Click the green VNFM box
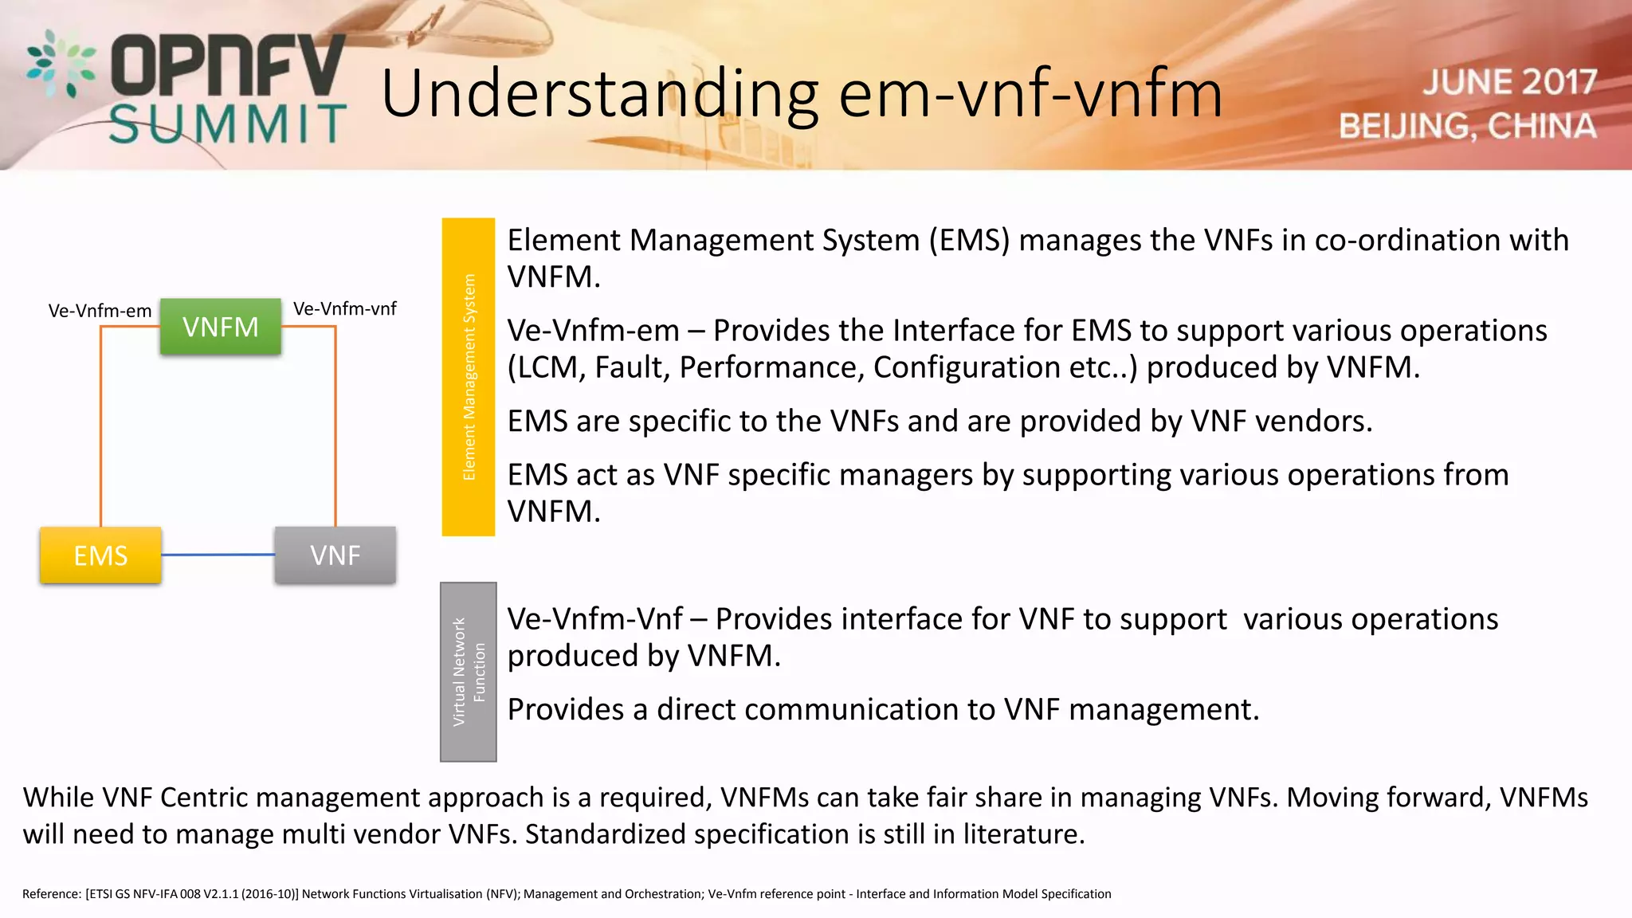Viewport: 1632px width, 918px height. click(221, 327)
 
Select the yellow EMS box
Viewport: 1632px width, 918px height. click(100, 555)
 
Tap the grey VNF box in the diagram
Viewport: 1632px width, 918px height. click(335, 555)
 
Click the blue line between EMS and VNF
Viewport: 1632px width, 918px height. click(218, 555)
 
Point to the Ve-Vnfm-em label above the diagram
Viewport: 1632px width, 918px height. click(100, 311)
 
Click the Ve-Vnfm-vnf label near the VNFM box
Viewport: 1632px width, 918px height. click(344, 308)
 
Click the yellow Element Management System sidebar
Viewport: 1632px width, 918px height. click(469, 377)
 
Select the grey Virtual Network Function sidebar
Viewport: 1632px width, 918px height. click(469, 672)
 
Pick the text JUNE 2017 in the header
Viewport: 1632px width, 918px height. click(1509, 82)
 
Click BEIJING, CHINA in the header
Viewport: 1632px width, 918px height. click(1467, 126)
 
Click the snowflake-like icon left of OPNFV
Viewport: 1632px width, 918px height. click(61, 64)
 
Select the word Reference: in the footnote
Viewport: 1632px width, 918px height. click(52, 894)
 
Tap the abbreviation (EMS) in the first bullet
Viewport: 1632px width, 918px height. click(969, 240)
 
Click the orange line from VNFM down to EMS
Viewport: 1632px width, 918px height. click(101, 430)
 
